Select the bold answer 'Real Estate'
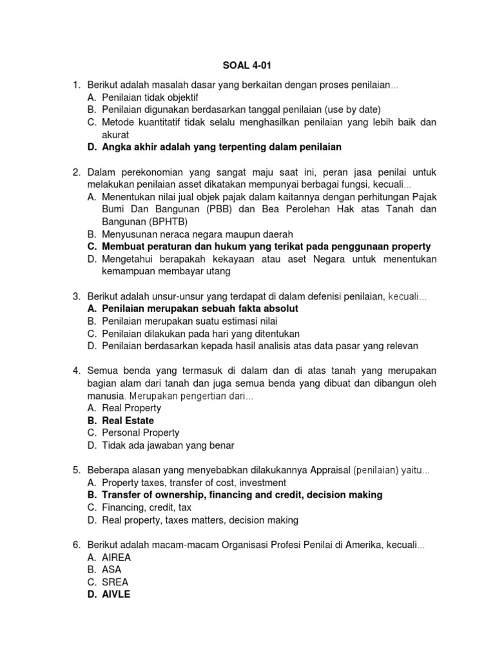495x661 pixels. (x=128, y=420)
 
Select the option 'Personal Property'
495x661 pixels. (x=141, y=432)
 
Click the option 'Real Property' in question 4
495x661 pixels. (x=131, y=408)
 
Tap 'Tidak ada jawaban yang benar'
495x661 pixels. (x=168, y=445)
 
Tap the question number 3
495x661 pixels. (x=75, y=296)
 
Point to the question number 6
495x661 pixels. (x=75, y=545)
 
